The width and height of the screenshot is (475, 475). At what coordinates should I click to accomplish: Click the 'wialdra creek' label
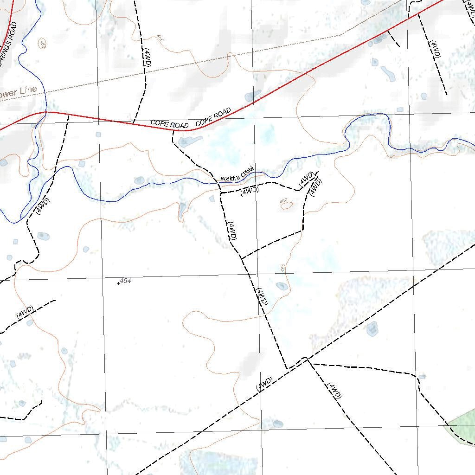click(238, 175)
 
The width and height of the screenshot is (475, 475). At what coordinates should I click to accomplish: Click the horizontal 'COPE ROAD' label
click(169, 125)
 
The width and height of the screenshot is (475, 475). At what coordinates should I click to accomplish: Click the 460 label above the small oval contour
click(284, 200)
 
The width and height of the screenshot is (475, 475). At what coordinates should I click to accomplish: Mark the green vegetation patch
click(461, 429)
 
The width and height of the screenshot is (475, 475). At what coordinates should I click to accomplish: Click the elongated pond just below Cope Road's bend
click(190, 141)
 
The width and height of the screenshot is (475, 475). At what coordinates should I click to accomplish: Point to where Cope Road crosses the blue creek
click(45, 112)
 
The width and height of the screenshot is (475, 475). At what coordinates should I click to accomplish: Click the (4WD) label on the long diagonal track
click(264, 384)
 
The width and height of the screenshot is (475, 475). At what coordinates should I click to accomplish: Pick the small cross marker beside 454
click(118, 283)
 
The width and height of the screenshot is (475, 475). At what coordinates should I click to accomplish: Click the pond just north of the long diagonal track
click(372, 329)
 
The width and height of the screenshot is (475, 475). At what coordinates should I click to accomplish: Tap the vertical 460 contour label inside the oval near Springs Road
click(42, 45)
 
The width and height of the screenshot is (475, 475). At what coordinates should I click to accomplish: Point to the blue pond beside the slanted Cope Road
click(253, 96)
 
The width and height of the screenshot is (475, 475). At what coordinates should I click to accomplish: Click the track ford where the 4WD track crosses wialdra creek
click(219, 184)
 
